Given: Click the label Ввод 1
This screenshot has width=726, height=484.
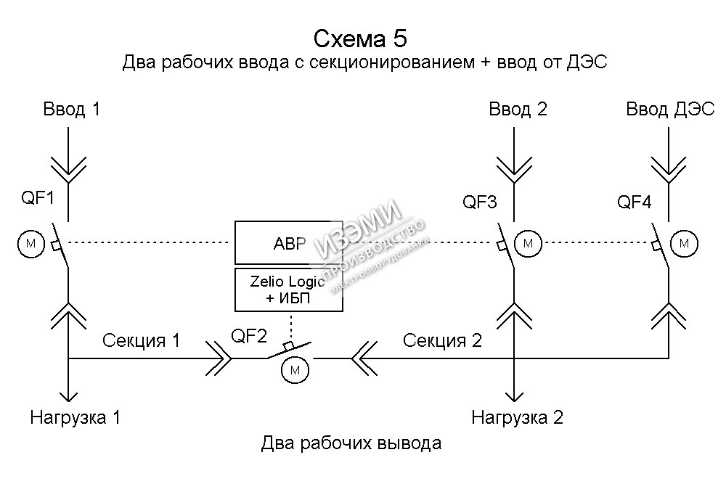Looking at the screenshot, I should tap(72, 110).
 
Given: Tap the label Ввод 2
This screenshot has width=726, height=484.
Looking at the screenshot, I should tap(518, 110).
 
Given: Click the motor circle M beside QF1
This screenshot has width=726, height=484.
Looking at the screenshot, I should tap(30, 244).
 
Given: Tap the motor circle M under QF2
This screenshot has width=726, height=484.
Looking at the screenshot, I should tap(295, 370).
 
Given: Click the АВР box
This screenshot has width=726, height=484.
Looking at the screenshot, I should tap(288, 242).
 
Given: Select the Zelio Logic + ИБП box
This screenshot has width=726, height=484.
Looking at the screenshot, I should tap(288, 290).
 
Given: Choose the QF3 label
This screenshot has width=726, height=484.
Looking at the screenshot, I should tap(480, 202).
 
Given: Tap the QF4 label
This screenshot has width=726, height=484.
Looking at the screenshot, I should tap(635, 202).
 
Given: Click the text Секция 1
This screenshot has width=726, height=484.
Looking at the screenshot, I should tap(141, 340).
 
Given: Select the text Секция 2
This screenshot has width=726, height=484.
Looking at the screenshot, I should tap(442, 340).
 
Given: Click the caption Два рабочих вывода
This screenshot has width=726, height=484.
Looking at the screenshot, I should tap(351, 443).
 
